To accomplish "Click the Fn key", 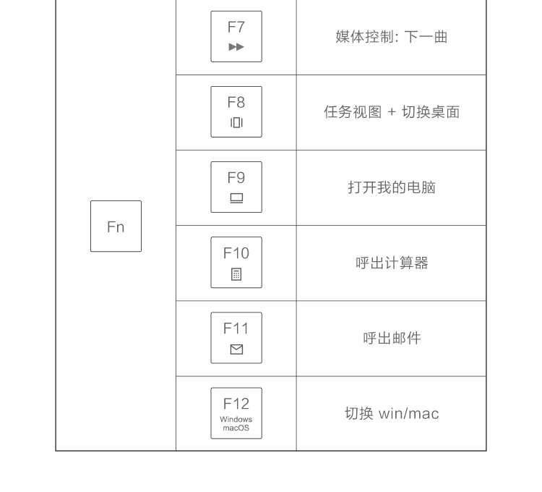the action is pos(116,226).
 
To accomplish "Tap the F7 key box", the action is pos(236,36).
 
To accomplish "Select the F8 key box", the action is pos(236,111).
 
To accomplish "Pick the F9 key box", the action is pos(236,187).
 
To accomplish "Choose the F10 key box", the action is pos(236,262).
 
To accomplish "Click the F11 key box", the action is pos(236,338).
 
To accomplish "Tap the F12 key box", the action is pos(236,413).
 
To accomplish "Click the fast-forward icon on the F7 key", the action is pos(236,47).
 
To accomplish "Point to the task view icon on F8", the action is pos(236,122).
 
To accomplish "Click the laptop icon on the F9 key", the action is pos(236,198).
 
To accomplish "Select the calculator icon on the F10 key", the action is pos(236,274).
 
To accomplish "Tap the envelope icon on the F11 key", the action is pos(236,349).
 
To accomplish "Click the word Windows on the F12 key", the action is pos(236,420).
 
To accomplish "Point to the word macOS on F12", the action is pos(236,428).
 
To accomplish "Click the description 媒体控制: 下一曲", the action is pos(391,37).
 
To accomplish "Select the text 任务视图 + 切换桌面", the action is pos(392,112).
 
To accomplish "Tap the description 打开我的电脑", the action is pos(392,187).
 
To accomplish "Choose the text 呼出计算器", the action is pos(392,263).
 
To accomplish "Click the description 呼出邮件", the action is pos(392,338).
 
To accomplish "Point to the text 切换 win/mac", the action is pos(392,413).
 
